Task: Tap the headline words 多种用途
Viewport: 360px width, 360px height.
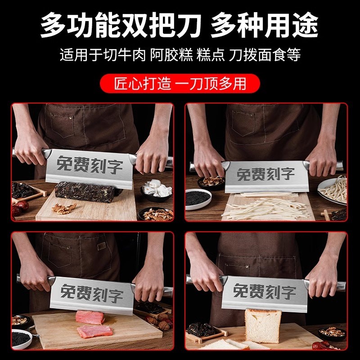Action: tap(265, 26)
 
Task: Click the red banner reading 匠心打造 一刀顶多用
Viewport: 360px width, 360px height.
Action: tap(180, 84)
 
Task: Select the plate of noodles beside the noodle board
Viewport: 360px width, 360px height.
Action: tap(333, 188)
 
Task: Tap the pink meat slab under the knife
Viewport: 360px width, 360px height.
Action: tap(90, 317)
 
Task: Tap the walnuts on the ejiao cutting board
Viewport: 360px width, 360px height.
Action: tap(64, 208)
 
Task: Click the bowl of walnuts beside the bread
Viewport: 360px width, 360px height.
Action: tap(332, 333)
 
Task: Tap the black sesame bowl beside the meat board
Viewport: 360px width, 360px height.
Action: tap(21, 338)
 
